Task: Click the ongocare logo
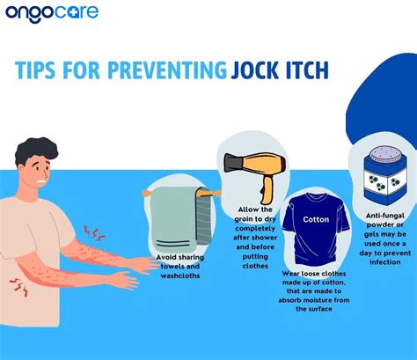pyautogui.click(x=52, y=15)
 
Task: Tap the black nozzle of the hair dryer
pyautogui.click(x=231, y=164)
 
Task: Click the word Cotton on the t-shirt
pyautogui.click(x=316, y=218)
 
